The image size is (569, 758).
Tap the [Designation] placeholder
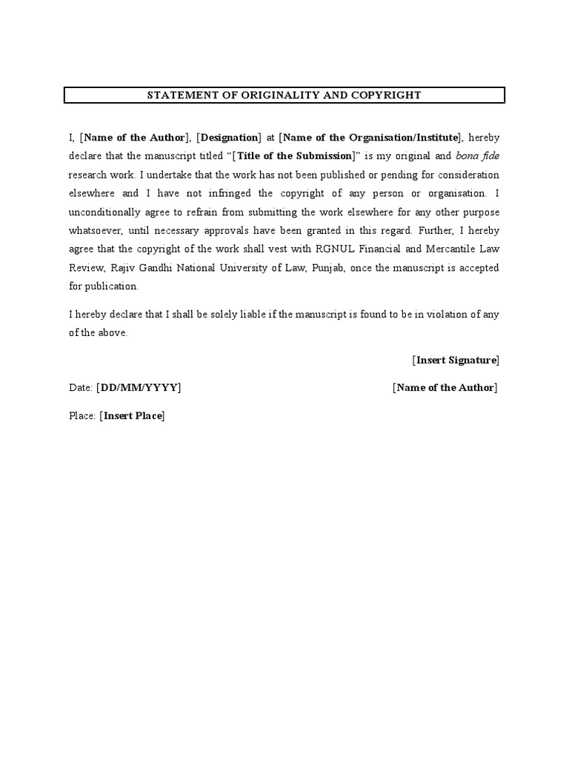pos(229,138)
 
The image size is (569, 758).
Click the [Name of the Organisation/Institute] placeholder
pos(371,138)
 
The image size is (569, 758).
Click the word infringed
pos(230,193)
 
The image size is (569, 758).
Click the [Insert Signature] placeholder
pos(456,360)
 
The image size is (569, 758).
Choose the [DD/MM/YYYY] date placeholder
pos(139,388)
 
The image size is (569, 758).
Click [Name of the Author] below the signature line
pos(445,388)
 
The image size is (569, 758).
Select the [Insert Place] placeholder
pos(132,416)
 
